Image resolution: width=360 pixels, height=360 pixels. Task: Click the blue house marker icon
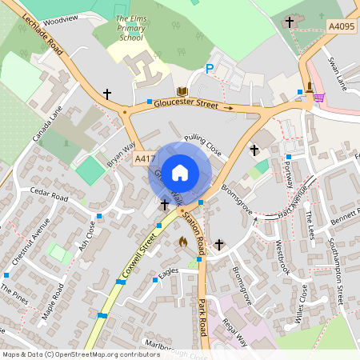click(x=180, y=172)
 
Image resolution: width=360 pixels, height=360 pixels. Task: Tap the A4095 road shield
click(x=341, y=26)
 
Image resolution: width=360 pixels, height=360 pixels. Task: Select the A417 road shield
click(x=144, y=159)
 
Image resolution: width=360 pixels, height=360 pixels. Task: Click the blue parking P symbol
click(x=210, y=70)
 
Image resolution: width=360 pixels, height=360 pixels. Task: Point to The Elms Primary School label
click(x=132, y=27)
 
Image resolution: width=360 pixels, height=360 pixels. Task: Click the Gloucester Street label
click(x=186, y=104)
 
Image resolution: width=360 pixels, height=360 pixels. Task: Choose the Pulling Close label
click(x=202, y=143)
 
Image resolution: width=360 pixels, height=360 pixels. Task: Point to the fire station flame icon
click(x=182, y=241)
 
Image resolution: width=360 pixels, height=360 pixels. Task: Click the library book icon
click(x=182, y=92)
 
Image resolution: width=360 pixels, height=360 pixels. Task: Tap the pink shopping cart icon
click(x=319, y=97)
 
